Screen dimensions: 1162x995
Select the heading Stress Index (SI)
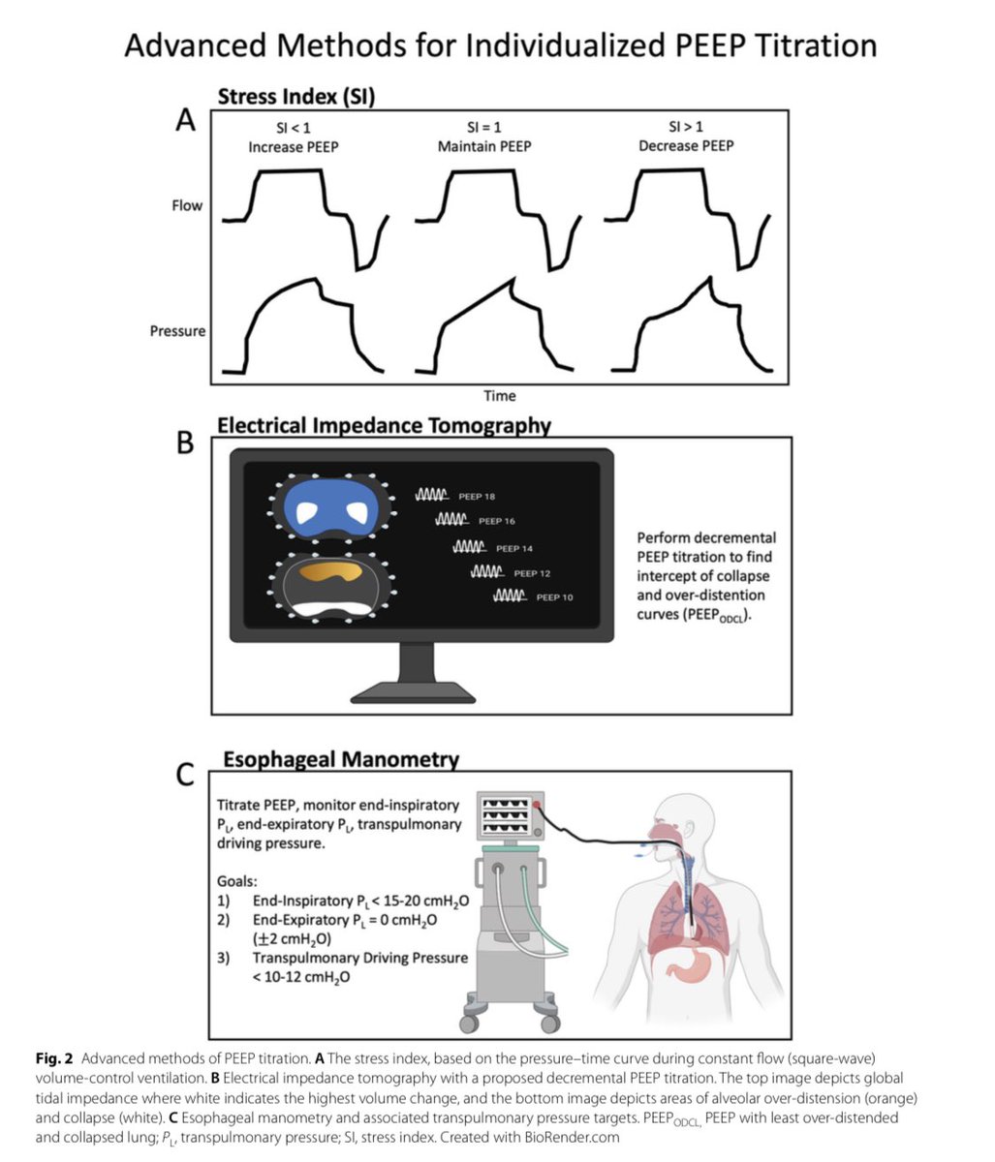(296, 97)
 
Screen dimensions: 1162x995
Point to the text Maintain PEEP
(485, 146)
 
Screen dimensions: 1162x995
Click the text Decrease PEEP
(686, 146)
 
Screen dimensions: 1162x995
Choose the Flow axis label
(187, 205)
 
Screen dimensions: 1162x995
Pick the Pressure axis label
(177, 331)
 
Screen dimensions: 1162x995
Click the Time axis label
(500, 395)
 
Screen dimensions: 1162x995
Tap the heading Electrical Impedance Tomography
(384, 426)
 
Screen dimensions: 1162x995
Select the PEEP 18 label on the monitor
(477, 497)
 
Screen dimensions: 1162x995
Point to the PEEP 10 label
(554, 597)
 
